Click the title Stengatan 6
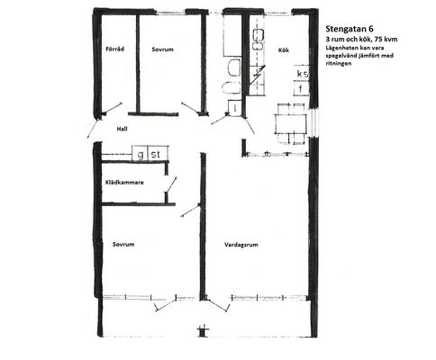(350, 29)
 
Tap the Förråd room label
(115, 49)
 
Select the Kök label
(284, 50)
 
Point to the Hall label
(122, 129)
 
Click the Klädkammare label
(124, 183)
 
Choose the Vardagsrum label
(241, 245)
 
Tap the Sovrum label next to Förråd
(162, 49)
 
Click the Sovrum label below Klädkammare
(123, 245)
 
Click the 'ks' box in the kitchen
(302, 73)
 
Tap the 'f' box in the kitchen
(301, 88)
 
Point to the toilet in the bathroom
(232, 87)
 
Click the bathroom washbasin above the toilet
(234, 67)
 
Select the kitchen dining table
(291, 123)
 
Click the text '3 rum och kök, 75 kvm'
(362, 39)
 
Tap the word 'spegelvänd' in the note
(341, 56)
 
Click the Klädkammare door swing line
(171, 184)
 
